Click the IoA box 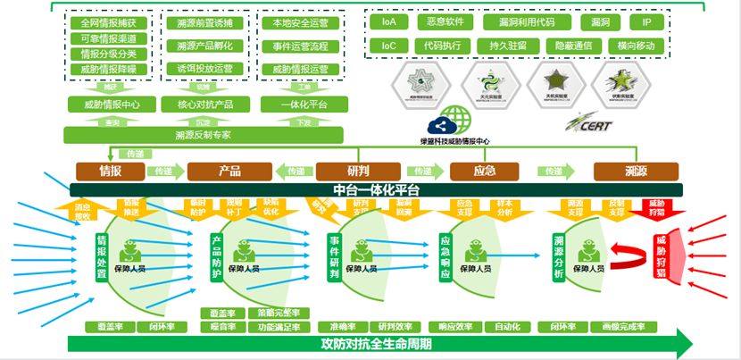[x=388, y=21]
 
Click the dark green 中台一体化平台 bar [x=376, y=189]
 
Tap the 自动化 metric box [x=507, y=326]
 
